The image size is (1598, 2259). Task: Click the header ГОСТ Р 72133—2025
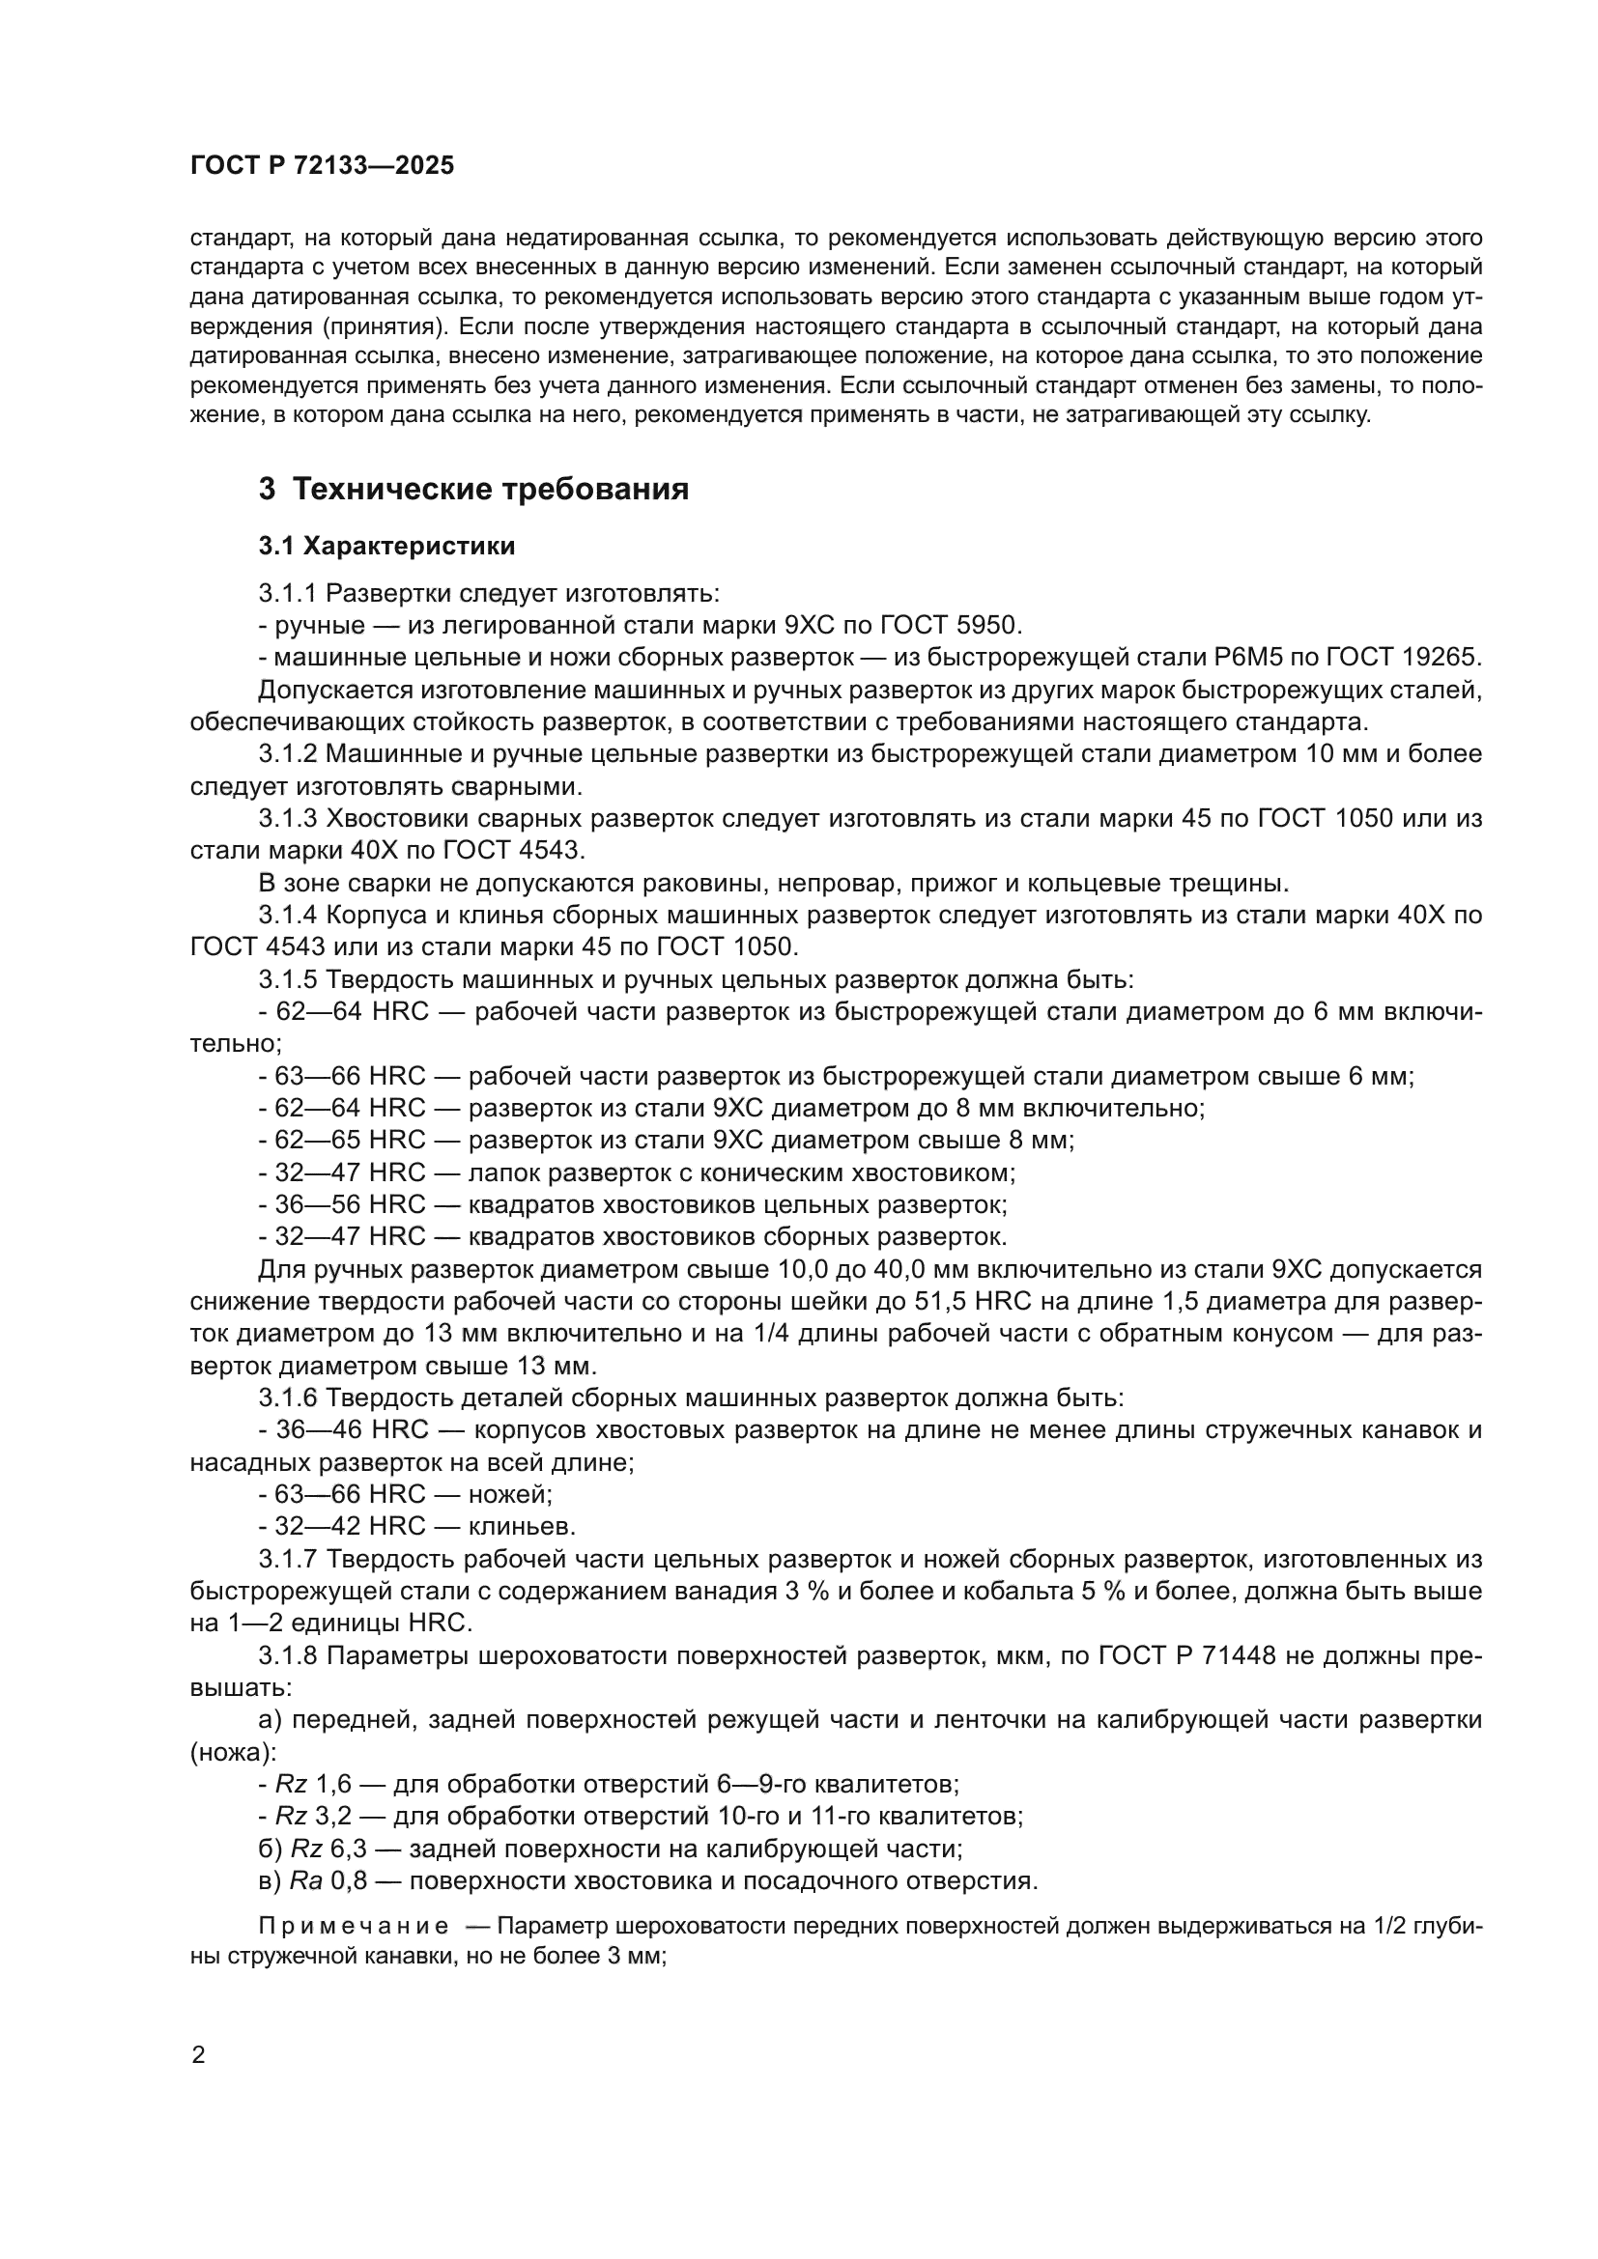click(322, 165)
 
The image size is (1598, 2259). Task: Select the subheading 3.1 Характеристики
click(386, 545)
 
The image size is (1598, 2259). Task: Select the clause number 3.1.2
click(288, 753)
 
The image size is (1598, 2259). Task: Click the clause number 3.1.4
click(288, 914)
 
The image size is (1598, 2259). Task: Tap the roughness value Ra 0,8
click(328, 1881)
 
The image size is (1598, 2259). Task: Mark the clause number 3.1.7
click(288, 1559)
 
